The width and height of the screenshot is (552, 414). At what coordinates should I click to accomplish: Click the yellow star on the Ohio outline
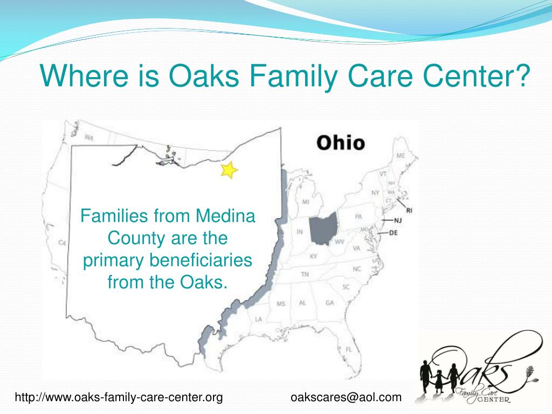pos(229,170)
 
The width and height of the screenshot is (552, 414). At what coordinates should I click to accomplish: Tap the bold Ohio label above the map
pos(340,143)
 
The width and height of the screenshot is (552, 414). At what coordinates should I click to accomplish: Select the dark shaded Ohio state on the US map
pos(323,229)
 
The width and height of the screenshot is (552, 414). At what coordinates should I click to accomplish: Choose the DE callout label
pos(392,233)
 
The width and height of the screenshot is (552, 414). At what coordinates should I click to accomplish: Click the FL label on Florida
pos(349,349)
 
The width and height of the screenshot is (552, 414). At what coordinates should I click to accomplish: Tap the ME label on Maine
pos(401,156)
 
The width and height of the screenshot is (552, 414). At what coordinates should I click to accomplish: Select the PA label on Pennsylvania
pos(358,217)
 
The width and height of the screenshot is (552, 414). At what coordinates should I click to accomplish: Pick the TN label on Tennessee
pos(305,275)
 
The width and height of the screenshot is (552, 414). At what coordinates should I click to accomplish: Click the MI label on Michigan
pos(305,202)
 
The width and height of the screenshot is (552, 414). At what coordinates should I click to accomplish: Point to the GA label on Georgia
pos(329,303)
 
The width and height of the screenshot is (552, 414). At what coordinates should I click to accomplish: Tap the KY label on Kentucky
pos(313,256)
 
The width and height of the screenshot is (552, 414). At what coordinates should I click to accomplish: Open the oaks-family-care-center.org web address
pos(119,398)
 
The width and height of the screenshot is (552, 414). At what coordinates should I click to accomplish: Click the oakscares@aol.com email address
pos(346,398)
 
